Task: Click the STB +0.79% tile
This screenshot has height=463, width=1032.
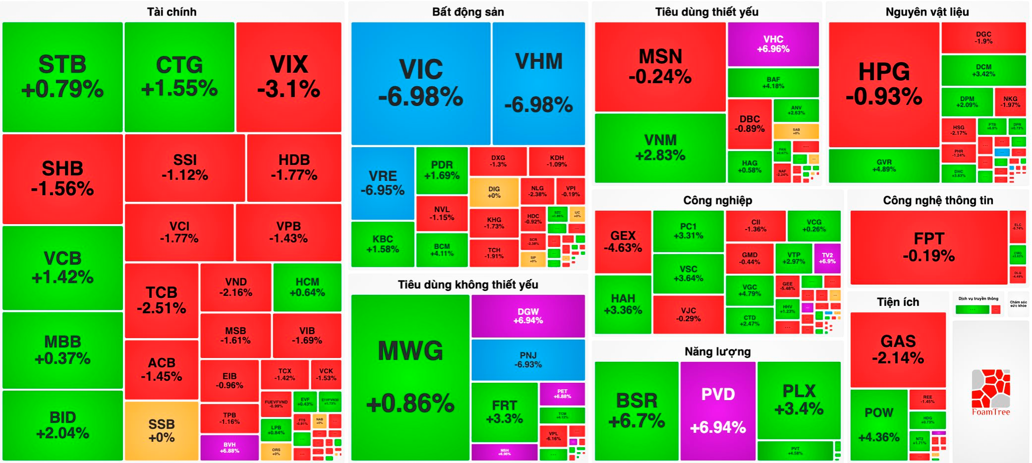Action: pyautogui.click(x=62, y=77)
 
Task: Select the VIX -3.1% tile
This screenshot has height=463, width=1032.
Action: pyautogui.click(x=289, y=77)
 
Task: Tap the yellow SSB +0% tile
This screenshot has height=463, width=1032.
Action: pyautogui.click(x=161, y=431)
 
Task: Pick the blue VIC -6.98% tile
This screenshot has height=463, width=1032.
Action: pyautogui.click(x=420, y=83)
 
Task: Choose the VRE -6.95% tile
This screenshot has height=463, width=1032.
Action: pyautogui.click(x=382, y=183)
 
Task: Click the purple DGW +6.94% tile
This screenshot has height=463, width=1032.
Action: pyautogui.click(x=528, y=316)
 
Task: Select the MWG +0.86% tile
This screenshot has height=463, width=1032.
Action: pyautogui.click(x=410, y=377)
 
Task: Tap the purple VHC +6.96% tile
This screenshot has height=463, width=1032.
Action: pyautogui.click(x=773, y=44)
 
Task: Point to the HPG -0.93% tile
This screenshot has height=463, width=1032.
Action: pyautogui.click(x=884, y=84)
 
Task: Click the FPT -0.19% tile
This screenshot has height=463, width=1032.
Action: pyautogui.click(x=928, y=247)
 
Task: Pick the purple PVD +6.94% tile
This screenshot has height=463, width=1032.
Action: pyautogui.click(x=718, y=410)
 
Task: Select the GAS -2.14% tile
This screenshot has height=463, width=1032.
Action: pyautogui.click(x=898, y=349)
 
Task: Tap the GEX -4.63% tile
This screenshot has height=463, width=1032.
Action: pyautogui.click(x=622, y=241)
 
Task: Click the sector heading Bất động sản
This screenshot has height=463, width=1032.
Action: pyautogui.click(x=468, y=12)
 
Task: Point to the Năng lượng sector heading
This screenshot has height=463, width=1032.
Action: pyautogui.click(x=717, y=352)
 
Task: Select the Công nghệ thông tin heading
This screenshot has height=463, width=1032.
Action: pyautogui.click(x=937, y=201)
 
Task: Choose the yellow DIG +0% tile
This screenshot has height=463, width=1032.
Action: pyautogui.click(x=494, y=192)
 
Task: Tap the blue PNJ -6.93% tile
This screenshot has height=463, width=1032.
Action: pyautogui.click(x=528, y=360)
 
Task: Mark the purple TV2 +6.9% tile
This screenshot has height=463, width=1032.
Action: pyautogui.click(x=827, y=258)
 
